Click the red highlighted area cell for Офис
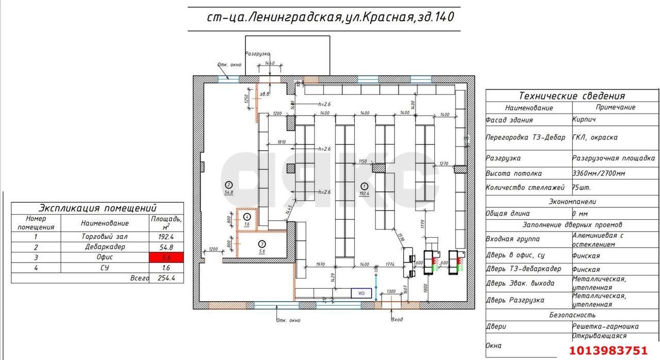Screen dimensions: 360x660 (x=166, y=257)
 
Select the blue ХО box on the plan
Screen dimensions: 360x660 (x=361, y=293)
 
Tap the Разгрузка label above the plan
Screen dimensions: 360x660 (x=257, y=53)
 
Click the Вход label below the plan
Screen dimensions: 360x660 (x=397, y=319)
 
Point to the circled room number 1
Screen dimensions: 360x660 (x=364, y=186)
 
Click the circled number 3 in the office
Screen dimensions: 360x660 (x=262, y=243)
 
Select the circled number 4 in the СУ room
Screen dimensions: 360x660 (x=247, y=217)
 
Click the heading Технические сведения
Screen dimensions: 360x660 (x=571, y=95)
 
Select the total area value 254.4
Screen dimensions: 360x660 (x=166, y=278)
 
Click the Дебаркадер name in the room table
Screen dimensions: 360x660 (x=104, y=247)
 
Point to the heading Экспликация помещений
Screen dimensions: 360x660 (x=97, y=208)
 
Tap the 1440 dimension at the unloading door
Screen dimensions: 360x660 (x=269, y=63)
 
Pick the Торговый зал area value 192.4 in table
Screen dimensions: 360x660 (x=166, y=237)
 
